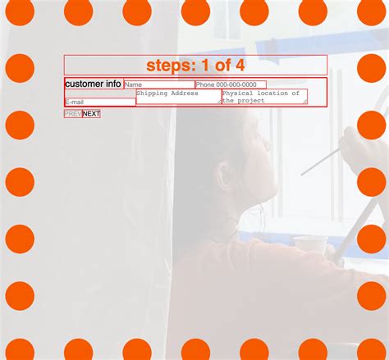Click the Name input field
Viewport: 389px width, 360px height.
point(159,84)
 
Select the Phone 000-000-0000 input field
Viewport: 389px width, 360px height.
point(231,84)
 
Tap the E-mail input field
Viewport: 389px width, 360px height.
point(100,102)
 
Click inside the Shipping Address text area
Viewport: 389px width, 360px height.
point(179,97)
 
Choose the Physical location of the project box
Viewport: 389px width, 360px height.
point(264,97)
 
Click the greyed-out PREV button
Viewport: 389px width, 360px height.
point(73,114)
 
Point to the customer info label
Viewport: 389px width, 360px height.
point(93,84)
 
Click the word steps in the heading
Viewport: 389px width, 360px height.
point(171,66)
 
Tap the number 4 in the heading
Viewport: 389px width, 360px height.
point(240,65)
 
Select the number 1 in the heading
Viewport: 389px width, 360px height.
point(205,65)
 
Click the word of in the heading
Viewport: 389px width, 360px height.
point(222,65)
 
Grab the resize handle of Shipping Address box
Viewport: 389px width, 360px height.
point(219,102)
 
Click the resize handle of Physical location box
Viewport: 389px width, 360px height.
point(305,102)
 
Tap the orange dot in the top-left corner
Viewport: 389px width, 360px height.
point(20,11)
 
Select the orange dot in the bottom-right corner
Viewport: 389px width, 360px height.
point(372,349)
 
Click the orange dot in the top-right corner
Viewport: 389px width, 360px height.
point(372,11)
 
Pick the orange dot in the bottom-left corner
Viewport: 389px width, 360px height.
point(20,349)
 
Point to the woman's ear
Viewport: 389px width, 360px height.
point(225,174)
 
